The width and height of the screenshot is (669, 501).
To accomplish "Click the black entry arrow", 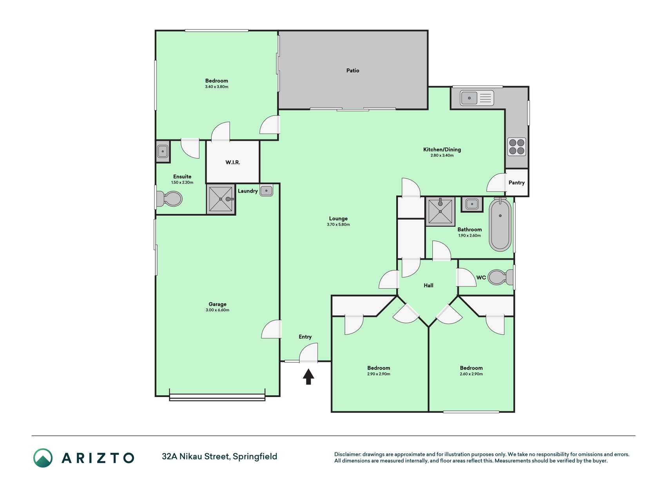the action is [308, 377].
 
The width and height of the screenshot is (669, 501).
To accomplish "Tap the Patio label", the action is [353, 70].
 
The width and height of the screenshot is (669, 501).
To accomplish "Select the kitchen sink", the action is [477, 98].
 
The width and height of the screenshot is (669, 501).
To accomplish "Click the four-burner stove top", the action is [517, 147].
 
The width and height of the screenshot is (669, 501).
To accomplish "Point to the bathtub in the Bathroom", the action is [500, 225].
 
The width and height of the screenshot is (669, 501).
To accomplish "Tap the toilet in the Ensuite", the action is [169, 199].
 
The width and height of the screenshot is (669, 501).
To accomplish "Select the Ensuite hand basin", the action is [163, 151].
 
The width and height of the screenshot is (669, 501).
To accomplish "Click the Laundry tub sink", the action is [266, 191].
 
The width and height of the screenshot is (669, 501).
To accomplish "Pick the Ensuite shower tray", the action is [221, 199].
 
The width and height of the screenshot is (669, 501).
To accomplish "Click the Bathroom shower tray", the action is [441, 211].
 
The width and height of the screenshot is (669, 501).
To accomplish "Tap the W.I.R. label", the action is [233, 162].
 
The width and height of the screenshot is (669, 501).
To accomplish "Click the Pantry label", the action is [517, 183].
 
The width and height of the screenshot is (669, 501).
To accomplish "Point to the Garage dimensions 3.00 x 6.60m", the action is [218, 310].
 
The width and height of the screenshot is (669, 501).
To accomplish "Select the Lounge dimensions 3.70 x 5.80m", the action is [338, 225].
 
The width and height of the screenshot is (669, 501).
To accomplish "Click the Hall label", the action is [428, 286].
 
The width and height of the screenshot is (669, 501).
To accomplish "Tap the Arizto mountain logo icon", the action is [43, 458].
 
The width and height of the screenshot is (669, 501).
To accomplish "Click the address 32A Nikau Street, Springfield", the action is [219, 457].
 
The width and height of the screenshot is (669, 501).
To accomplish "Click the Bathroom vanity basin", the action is [472, 204].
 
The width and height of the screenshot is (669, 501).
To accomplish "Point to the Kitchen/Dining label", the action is [442, 150].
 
